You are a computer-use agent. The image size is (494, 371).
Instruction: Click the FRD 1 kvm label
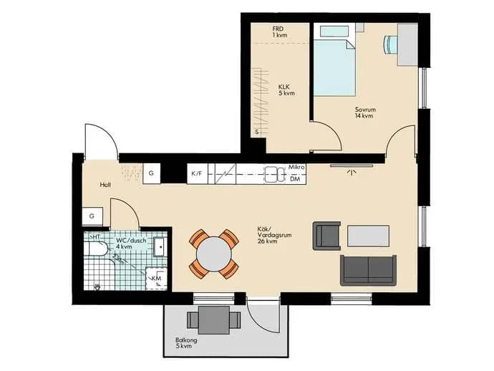pyautogui.click(x=280, y=32)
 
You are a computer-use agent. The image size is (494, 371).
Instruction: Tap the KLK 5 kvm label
pyautogui.click(x=286, y=90)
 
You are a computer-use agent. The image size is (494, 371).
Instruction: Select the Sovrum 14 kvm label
pyautogui.click(x=365, y=112)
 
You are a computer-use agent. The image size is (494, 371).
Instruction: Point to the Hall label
pyautogui.click(x=105, y=185)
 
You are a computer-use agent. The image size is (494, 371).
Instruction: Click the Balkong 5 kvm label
pyautogui.click(x=186, y=343)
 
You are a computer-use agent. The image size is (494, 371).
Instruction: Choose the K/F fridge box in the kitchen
pyautogui.click(x=198, y=173)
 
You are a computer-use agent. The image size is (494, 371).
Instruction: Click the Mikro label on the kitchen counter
pyautogui.click(x=296, y=167)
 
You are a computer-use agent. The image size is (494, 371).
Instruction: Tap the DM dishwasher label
pyautogui.click(x=295, y=179)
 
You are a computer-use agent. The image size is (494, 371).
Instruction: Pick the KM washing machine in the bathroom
pyautogui.click(x=156, y=279)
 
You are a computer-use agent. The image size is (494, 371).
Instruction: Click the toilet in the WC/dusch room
pyautogui.click(x=97, y=249)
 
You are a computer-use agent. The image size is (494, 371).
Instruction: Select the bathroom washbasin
pyautogui.click(x=160, y=247)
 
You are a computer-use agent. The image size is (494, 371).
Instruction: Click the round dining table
pyautogui.click(x=214, y=254)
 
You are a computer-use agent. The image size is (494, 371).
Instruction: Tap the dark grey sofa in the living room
pyautogui.click(x=368, y=271)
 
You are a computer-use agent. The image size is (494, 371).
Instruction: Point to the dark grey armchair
pyautogui.click(x=326, y=236)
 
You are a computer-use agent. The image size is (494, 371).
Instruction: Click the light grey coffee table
pyautogui.click(x=368, y=236)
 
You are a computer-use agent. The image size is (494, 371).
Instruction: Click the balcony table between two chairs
pyautogui.click(x=214, y=320)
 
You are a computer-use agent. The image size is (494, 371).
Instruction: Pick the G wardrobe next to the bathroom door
pyautogui.click(x=92, y=216)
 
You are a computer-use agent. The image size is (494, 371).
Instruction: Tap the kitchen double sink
pyautogui.click(x=274, y=174)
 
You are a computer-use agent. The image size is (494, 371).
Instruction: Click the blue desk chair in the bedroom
pyautogui.click(x=390, y=44)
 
